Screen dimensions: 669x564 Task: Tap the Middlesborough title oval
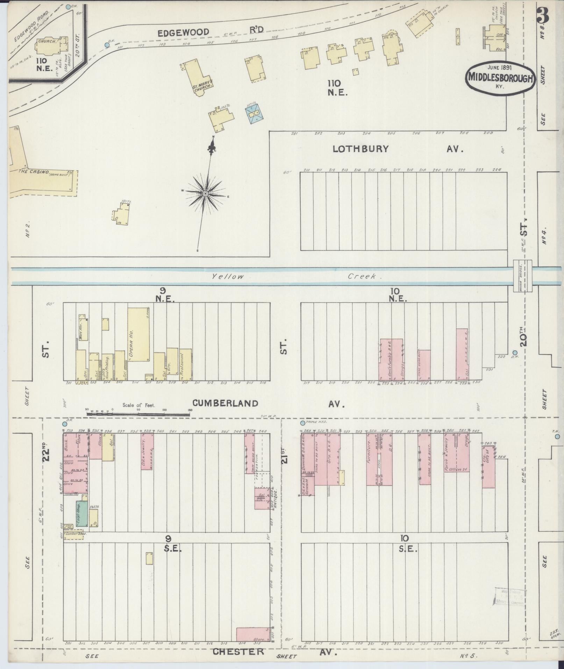click(x=500, y=77)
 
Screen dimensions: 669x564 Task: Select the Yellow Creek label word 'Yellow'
click(x=228, y=277)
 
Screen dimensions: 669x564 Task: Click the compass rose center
click(x=205, y=193)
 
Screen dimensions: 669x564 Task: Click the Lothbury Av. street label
click(x=360, y=149)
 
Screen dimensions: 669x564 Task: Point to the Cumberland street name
click(x=225, y=403)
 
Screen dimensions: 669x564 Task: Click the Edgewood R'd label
click(x=183, y=33)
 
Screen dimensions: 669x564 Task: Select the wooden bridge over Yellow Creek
click(x=522, y=276)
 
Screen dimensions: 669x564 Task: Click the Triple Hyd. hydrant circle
click(x=302, y=423)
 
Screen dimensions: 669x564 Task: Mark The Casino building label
click(x=34, y=171)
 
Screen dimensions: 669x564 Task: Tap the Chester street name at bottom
click(x=238, y=652)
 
